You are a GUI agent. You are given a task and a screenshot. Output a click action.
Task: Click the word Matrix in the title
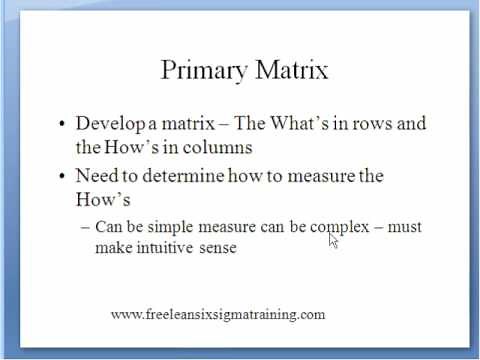[290, 70]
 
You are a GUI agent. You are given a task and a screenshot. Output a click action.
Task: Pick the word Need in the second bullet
[95, 176]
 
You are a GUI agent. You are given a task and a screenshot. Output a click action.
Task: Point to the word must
[404, 227]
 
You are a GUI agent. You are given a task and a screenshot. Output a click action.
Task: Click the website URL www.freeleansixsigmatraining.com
[218, 314]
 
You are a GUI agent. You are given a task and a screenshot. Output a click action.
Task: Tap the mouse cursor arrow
[333, 240]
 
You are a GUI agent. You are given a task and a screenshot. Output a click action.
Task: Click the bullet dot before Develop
[62, 125]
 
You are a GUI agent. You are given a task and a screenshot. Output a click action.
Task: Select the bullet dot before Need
[62, 177]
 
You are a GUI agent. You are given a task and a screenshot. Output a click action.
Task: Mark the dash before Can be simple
[84, 228]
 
